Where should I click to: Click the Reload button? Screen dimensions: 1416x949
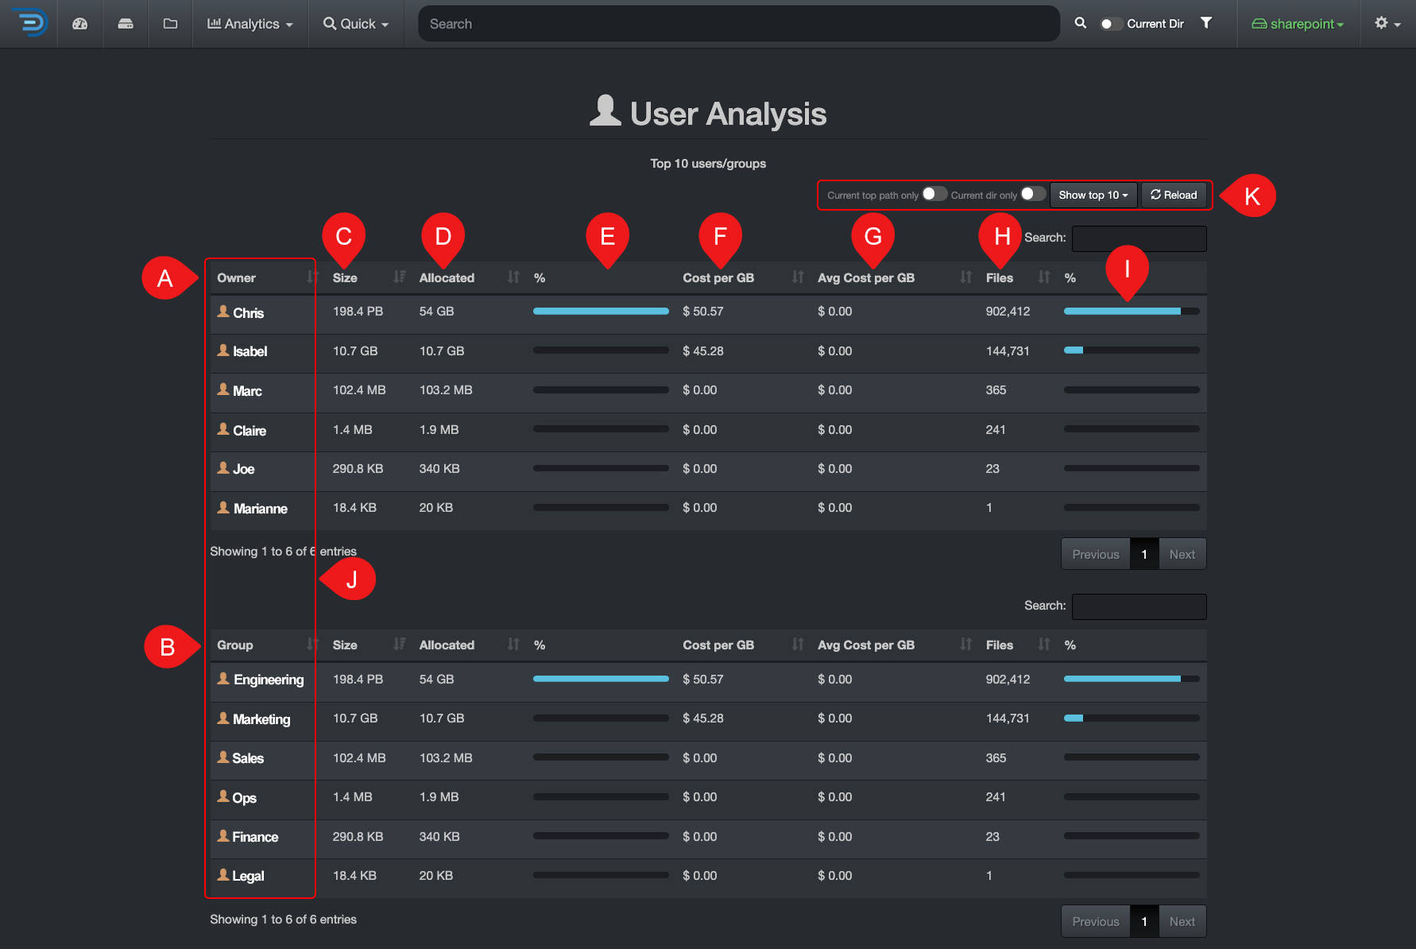tap(1174, 195)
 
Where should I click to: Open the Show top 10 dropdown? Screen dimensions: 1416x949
tap(1093, 195)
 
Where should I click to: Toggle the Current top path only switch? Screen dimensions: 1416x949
tap(934, 194)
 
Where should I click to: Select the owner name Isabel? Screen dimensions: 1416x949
tap(250, 351)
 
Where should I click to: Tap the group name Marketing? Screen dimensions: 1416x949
tap(261, 719)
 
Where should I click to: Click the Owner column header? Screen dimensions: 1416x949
tap(236, 277)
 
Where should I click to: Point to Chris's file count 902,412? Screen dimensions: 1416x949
tap(1008, 312)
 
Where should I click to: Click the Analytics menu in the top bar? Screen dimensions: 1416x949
tap(250, 24)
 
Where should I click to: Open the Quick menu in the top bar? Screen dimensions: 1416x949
tap(356, 24)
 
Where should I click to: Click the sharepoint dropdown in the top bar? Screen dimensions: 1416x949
tap(1298, 24)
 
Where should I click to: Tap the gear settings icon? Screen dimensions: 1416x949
tap(1387, 24)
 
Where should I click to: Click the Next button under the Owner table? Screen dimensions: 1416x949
tap(1182, 554)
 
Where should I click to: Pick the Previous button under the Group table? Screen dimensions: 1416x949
tap(1096, 921)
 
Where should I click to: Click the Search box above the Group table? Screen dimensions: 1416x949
tap(1139, 606)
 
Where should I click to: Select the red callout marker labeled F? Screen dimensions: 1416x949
tap(720, 237)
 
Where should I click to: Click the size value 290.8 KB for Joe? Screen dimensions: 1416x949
tap(358, 469)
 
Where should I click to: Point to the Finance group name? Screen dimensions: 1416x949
tap(255, 837)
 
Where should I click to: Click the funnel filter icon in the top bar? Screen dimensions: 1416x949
tap(1206, 23)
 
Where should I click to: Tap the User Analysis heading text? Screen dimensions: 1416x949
tap(728, 114)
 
